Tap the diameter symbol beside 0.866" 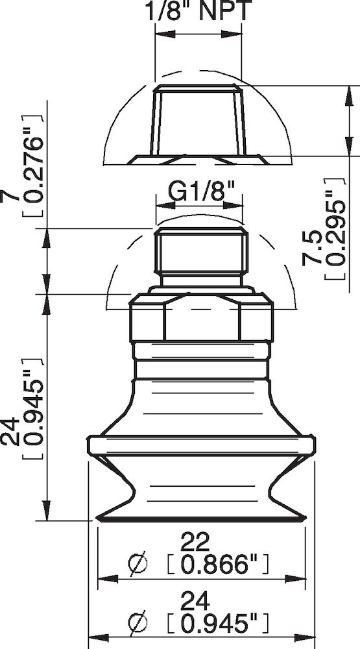tap(139, 565)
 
